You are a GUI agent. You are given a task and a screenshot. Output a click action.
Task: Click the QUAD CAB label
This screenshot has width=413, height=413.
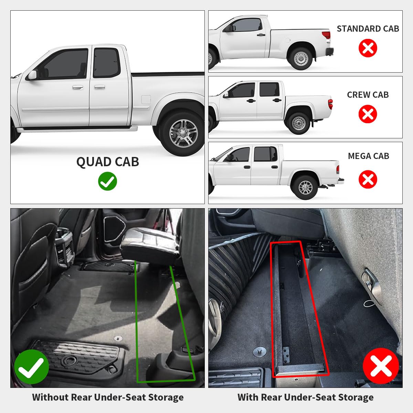[107, 162]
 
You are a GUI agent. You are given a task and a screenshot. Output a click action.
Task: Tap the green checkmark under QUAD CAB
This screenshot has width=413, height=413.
[107, 181]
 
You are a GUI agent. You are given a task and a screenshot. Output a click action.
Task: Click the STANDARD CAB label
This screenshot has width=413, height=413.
[368, 29]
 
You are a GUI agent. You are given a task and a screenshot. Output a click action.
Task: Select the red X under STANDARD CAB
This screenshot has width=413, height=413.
[368, 48]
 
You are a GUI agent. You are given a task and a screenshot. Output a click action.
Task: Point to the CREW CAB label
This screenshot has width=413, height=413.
[368, 95]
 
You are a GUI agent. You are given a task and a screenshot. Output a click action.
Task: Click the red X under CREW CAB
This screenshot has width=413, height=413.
[368, 114]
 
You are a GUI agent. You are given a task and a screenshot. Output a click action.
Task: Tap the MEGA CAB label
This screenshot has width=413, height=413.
[368, 156]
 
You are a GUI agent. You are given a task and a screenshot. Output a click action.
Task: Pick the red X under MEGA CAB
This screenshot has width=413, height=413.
[368, 179]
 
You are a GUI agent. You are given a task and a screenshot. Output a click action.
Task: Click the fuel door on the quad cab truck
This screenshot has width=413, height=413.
[146, 100]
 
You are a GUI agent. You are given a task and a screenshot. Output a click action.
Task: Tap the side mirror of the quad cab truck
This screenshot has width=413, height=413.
[33, 75]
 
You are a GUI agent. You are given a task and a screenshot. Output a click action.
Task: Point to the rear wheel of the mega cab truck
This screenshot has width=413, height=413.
[305, 187]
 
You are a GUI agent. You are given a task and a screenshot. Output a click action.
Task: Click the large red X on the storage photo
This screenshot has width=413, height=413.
[380, 365]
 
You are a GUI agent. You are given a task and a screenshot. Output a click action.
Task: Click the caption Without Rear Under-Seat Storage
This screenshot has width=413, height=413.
[108, 398]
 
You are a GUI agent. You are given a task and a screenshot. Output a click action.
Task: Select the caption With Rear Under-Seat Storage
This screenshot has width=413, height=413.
[305, 398]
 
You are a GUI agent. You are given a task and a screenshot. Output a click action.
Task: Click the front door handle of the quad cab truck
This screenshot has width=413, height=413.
[77, 88]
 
